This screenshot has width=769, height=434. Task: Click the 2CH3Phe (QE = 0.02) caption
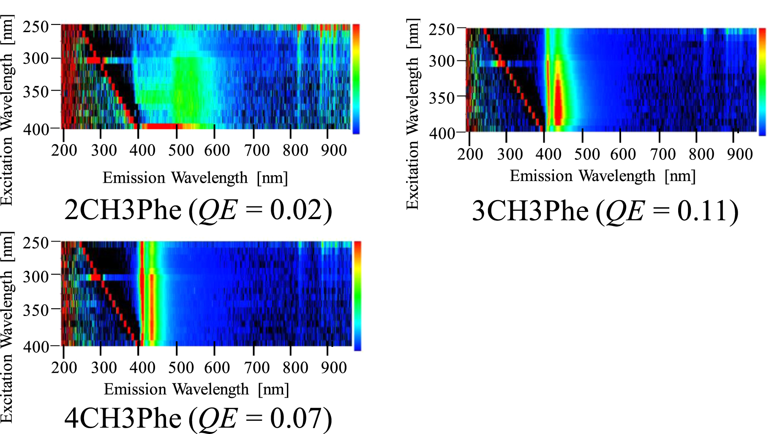click(198, 210)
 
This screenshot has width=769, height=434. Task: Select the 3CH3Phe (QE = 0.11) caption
click(605, 211)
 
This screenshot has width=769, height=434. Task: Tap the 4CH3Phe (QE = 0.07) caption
click(198, 418)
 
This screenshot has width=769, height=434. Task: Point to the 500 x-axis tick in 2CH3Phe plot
click(181, 150)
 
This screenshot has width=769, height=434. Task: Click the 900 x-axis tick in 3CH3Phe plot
click(740, 154)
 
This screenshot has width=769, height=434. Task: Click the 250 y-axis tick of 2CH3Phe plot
click(36, 27)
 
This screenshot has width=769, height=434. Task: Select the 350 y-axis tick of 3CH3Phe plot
click(442, 98)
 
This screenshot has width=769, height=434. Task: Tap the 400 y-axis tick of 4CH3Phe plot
click(36, 347)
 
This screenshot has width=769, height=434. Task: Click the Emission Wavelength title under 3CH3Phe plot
click(603, 176)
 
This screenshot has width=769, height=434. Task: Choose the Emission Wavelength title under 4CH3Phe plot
click(196, 389)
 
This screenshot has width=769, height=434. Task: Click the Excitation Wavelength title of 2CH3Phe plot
click(7, 110)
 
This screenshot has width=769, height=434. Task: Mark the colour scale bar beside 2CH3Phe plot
click(356, 79)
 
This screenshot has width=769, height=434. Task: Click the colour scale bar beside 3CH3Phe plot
click(762, 82)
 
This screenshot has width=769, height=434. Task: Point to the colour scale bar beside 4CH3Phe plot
click(357, 296)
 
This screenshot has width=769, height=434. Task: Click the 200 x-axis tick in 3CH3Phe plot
click(470, 154)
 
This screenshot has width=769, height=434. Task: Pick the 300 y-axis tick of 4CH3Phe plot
click(36, 277)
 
